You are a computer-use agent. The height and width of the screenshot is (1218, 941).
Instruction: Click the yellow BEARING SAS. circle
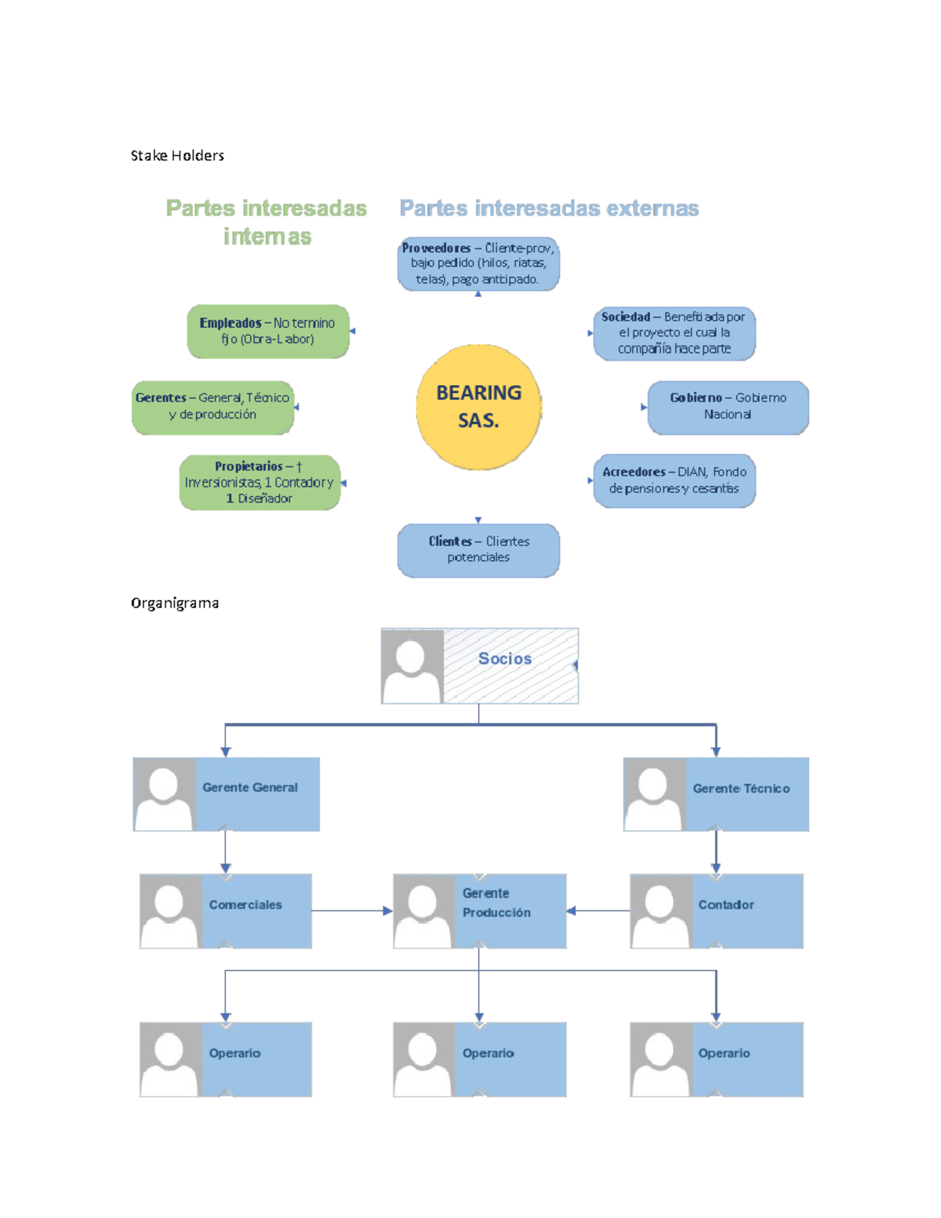(478, 407)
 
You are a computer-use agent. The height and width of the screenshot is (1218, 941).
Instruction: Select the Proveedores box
(478, 264)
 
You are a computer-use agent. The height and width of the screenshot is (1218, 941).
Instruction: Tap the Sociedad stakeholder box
(674, 333)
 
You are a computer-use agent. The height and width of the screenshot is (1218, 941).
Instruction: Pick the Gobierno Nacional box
(728, 407)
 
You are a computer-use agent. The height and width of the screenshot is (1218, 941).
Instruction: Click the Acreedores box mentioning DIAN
(674, 480)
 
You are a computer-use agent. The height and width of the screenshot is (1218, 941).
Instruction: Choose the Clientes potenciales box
(478, 550)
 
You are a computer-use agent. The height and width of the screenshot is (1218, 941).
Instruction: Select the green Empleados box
(267, 331)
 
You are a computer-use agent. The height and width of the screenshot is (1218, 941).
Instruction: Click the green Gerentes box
(213, 407)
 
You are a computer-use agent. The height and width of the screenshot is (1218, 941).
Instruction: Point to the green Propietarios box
(260, 482)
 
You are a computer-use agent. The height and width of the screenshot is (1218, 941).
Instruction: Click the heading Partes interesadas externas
(549, 209)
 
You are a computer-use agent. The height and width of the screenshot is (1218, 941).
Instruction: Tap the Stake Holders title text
(177, 156)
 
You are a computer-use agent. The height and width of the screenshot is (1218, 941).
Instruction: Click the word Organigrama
(175, 603)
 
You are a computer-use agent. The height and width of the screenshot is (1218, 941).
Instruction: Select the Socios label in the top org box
(505, 659)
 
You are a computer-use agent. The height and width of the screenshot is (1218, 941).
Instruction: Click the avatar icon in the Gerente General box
(165, 794)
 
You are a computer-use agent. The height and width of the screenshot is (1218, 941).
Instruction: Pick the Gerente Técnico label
(741, 788)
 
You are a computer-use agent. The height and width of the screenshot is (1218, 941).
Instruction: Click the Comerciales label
(245, 905)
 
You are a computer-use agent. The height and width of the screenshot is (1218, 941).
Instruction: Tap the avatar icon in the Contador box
(661, 911)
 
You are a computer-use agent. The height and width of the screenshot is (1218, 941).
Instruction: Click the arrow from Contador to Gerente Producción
(598, 911)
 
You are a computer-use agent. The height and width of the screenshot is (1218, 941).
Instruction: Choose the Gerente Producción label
(496, 903)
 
